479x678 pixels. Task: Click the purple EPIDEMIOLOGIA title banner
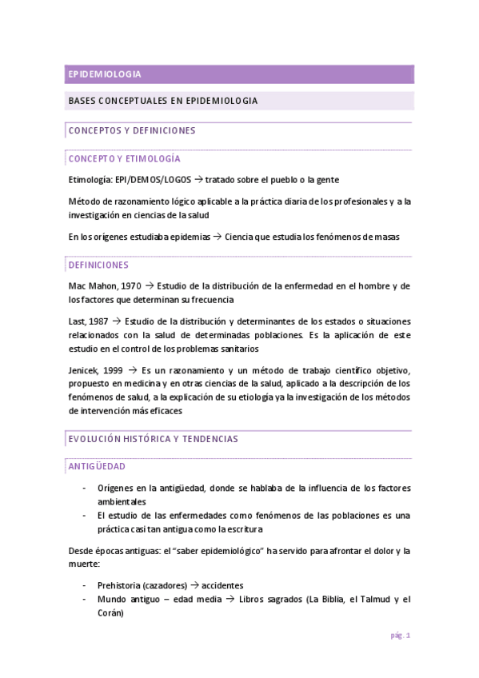coord(239,74)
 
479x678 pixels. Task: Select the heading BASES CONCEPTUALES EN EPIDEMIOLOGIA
coord(163,102)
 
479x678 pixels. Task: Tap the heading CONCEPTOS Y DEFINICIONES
coord(132,130)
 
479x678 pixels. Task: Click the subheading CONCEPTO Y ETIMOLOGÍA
coord(124,158)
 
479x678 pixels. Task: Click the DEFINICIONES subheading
coord(99,265)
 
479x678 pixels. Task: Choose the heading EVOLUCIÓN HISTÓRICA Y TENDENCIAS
coord(153,439)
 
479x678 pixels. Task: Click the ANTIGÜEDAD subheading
coord(96,466)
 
